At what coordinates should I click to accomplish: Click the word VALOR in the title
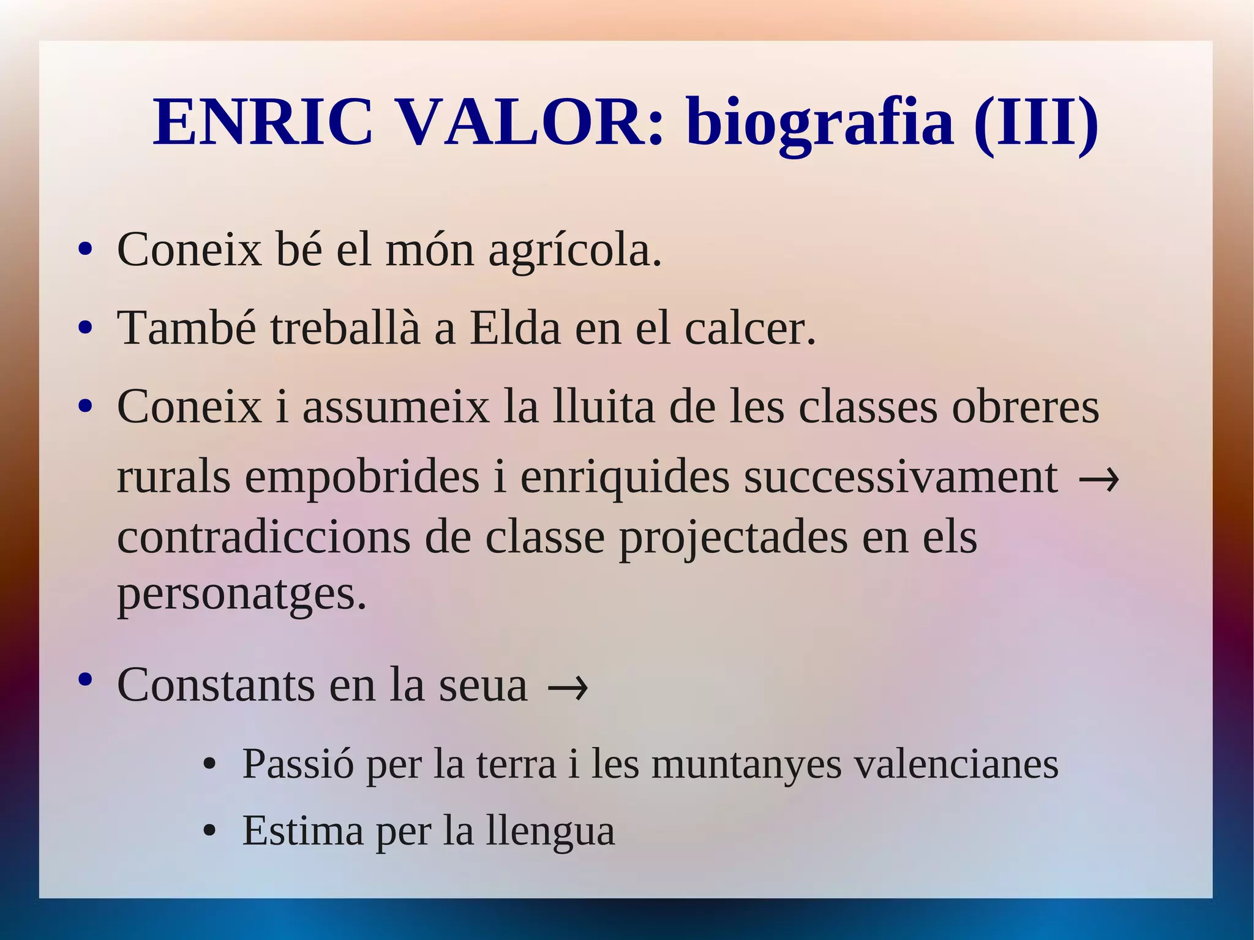click(x=530, y=122)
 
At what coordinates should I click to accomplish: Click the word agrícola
click(x=575, y=250)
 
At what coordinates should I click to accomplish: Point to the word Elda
click(x=515, y=328)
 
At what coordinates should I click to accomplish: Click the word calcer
click(x=750, y=328)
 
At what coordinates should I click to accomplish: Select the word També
click(x=186, y=328)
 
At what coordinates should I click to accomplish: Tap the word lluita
click(x=604, y=407)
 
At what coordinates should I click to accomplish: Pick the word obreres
click(x=1025, y=407)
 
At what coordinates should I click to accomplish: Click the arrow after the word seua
click(x=567, y=687)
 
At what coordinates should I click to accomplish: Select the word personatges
click(x=241, y=595)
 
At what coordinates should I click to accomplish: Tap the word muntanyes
click(x=746, y=765)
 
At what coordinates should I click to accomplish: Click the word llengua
click(x=550, y=832)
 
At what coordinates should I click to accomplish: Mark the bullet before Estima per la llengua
click(x=210, y=831)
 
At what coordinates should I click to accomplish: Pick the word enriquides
click(x=625, y=478)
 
